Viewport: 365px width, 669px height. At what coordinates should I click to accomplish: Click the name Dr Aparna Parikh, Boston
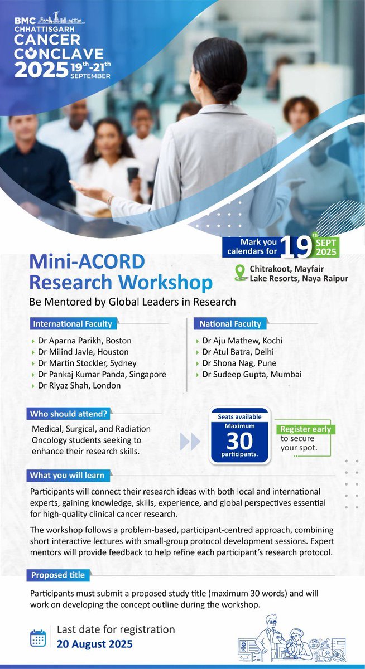point(84,341)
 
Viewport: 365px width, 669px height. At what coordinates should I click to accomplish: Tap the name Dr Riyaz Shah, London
point(80,385)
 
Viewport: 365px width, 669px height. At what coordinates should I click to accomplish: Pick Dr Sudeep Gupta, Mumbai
point(252,374)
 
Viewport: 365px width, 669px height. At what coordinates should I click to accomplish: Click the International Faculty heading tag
point(74,323)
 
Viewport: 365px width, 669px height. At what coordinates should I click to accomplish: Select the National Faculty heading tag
point(230,323)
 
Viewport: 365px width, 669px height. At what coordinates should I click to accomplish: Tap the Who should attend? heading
point(70,415)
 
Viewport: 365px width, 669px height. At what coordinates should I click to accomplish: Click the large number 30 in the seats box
point(239,440)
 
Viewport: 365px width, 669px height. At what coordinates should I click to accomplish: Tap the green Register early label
point(305,429)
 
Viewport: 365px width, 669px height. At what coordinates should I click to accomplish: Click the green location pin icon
point(241,274)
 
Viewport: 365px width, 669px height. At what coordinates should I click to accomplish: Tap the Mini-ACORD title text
point(87,261)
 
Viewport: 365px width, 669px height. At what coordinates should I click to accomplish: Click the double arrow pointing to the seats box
point(191,442)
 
